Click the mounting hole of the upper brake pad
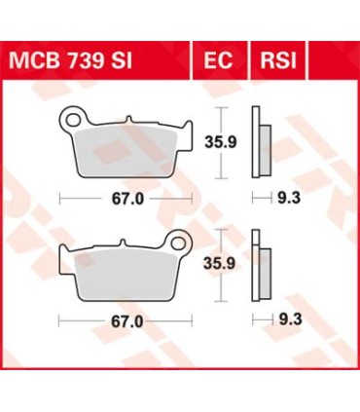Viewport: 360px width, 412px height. (x=71, y=120)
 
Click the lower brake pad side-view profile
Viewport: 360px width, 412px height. (x=259, y=263)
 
